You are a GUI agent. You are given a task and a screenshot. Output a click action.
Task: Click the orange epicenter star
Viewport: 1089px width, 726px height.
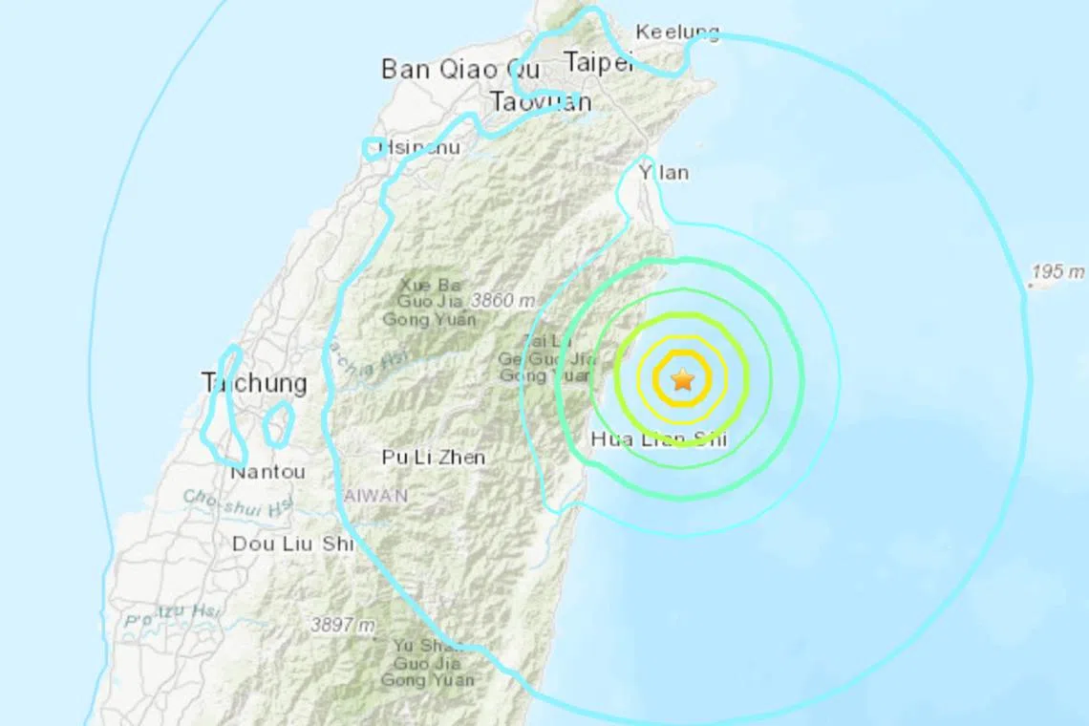682,380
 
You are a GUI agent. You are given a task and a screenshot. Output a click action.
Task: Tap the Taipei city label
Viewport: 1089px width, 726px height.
599,63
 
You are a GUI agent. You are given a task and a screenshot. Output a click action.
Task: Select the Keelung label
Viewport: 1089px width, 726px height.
676,32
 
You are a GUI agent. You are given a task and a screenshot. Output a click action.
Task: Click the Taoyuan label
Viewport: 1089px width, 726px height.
540,101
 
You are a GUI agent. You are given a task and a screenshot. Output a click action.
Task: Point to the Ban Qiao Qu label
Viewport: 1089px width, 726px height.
460,69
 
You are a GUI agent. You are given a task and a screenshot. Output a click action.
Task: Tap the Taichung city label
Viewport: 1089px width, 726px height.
254,384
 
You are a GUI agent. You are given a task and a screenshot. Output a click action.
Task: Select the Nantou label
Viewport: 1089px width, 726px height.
267,472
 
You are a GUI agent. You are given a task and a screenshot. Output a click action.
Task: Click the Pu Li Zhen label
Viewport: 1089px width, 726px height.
433,458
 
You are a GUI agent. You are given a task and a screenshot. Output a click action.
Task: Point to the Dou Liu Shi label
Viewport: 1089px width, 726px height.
293,544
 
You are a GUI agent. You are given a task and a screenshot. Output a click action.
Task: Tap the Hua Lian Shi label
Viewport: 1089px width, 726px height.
659,440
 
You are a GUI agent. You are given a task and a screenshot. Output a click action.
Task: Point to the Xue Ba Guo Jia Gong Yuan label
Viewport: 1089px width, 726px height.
429,302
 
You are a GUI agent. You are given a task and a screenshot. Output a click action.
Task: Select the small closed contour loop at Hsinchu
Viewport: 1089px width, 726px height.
374,147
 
